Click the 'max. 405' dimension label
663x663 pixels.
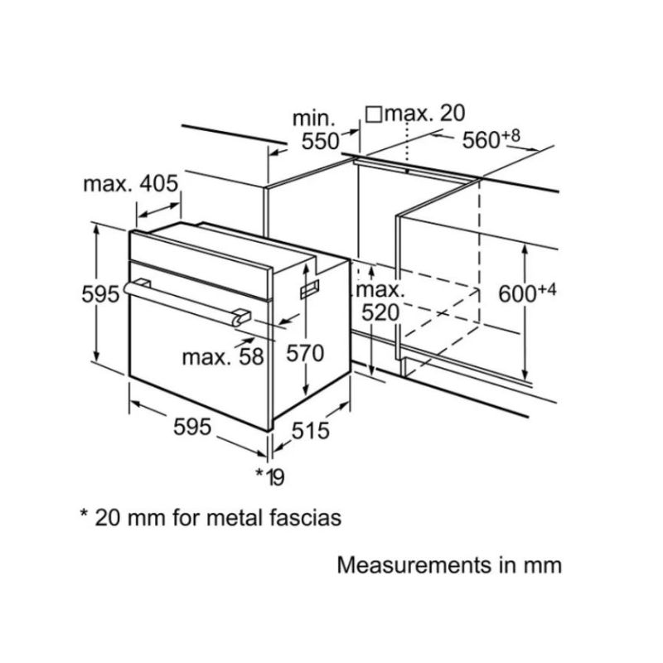pyautogui.click(x=131, y=184)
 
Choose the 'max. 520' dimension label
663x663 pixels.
pyautogui.click(x=380, y=301)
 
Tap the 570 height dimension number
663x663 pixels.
pyautogui.click(x=303, y=353)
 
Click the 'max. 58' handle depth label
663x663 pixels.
pyautogui.click(x=222, y=357)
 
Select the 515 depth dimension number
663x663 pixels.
pyautogui.click(x=310, y=431)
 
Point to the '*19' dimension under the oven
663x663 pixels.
pyautogui.click(x=269, y=476)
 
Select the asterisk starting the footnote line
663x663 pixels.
pyautogui.click(x=84, y=515)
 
